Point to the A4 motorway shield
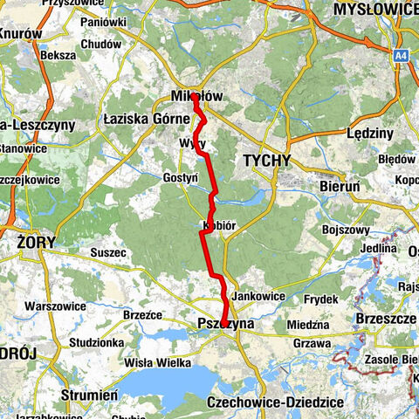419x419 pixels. point(400,55)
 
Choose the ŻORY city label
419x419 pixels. point(36,241)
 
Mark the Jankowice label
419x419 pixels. point(259,297)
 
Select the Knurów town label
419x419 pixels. point(20,33)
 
